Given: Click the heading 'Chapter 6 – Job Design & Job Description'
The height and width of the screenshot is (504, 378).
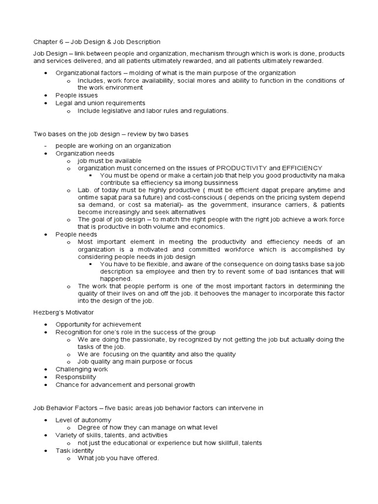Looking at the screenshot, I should tap(97, 42).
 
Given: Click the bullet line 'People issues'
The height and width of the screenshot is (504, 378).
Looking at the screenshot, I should tap(76, 95).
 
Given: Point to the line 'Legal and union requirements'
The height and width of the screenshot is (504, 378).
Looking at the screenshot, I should tap(100, 103).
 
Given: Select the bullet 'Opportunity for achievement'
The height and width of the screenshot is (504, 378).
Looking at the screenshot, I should tap(98, 324).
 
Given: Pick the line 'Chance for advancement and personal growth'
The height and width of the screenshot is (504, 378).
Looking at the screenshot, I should tap(125, 384).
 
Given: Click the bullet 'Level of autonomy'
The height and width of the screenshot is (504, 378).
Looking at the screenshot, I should tap(83, 420).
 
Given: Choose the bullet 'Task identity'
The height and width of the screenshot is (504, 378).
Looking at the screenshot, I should tap(75, 450).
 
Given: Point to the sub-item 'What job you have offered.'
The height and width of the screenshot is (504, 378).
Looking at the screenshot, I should tap(118, 458).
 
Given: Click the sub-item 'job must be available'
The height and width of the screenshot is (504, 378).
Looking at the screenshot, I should tap(109, 160).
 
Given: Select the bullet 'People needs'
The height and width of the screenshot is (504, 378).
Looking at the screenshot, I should tap(76, 234).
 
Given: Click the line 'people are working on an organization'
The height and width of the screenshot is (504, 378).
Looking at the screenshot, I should tap(113, 146).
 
